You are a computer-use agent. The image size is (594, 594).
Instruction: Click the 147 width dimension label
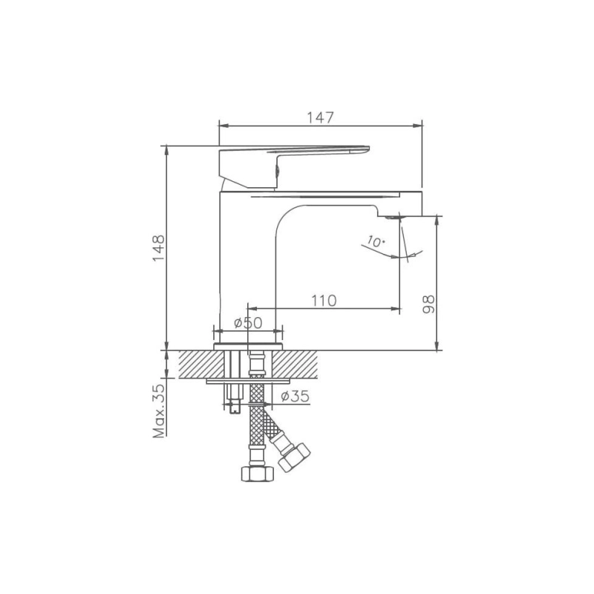(x=320, y=117)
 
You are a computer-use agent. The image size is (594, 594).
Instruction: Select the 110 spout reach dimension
(x=324, y=300)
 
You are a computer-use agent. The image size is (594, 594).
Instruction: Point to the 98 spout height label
(x=427, y=303)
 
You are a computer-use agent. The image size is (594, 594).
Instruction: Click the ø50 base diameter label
(x=248, y=323)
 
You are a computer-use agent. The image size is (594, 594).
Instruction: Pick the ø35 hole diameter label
(x=296, y=396)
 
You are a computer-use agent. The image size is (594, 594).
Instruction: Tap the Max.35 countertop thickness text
(x=158, y=410)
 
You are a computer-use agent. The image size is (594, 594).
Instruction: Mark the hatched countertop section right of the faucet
(x=297, y=363)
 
